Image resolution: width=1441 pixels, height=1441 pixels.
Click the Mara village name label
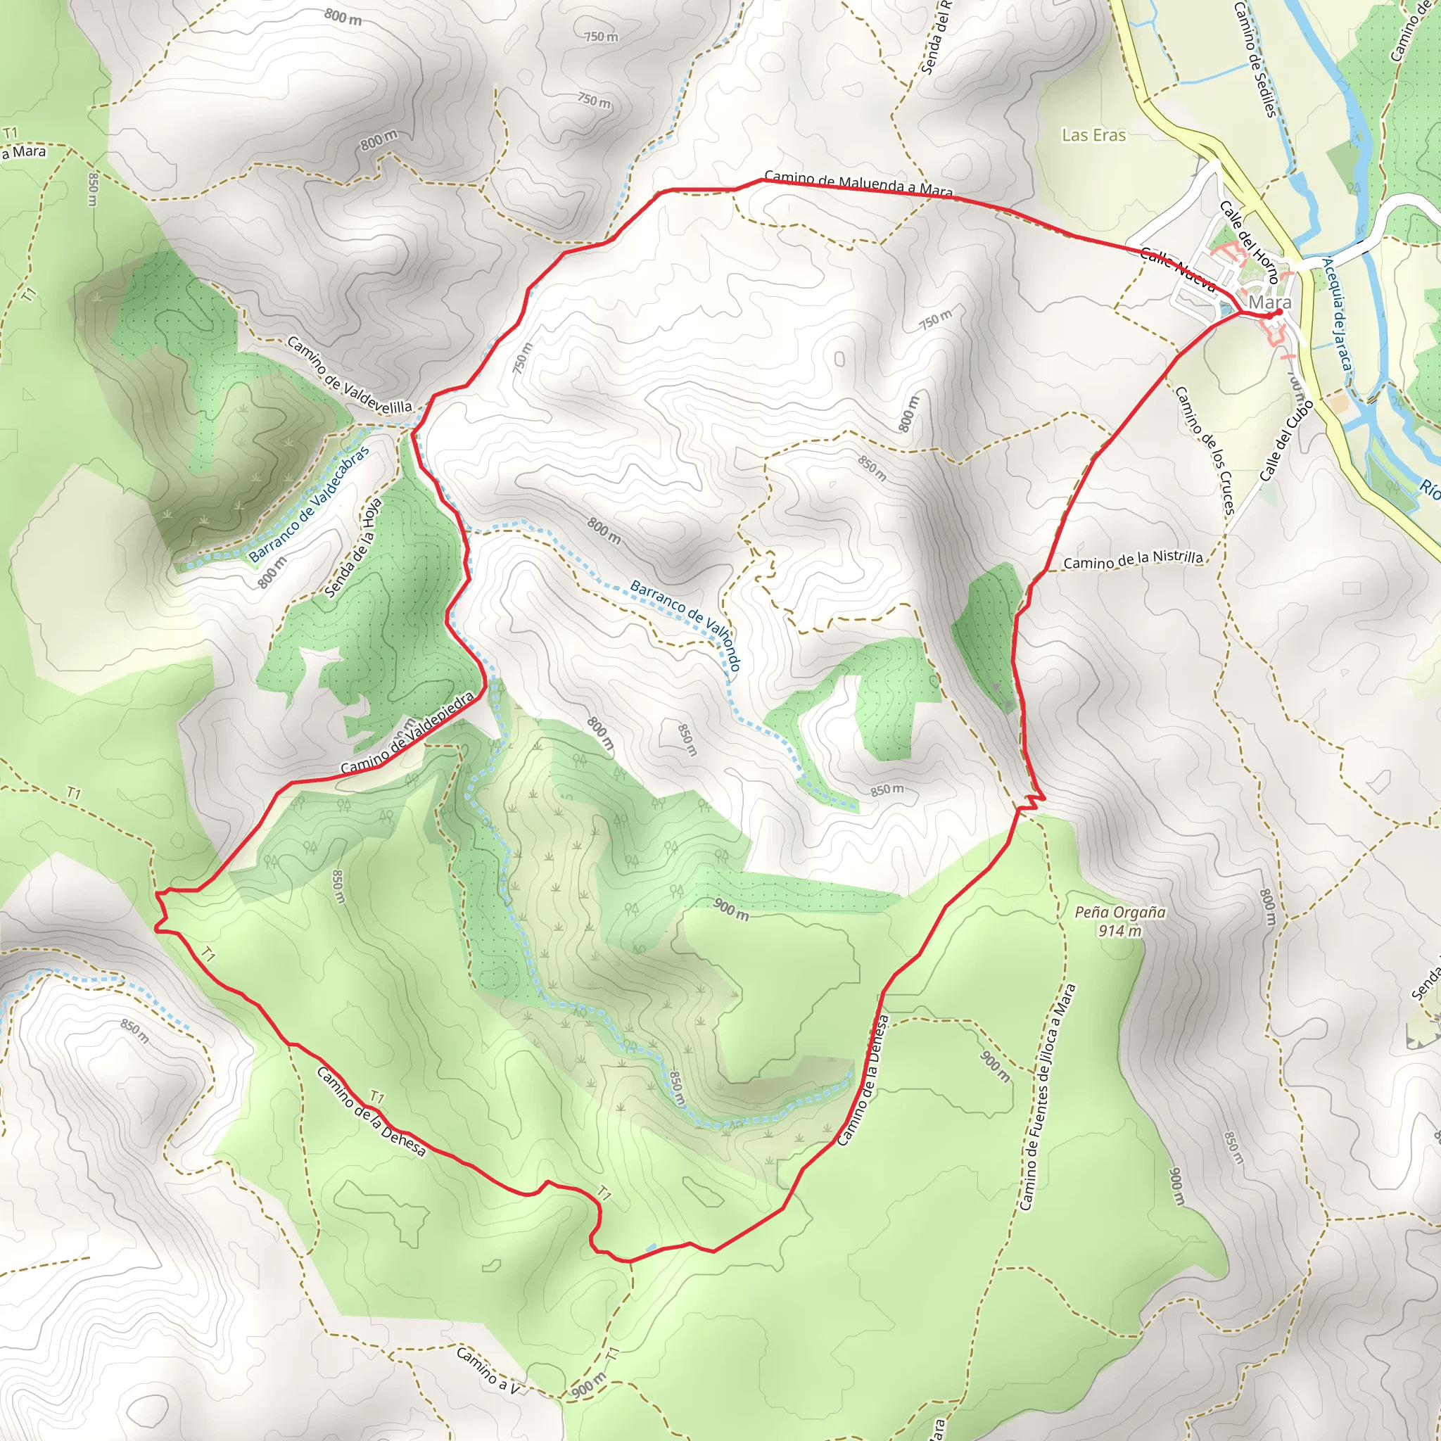pos(1269,302)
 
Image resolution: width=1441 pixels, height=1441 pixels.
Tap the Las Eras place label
pos(1093,135)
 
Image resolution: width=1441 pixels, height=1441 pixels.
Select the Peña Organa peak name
pos(1119,912)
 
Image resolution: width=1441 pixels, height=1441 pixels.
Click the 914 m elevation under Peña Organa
pos(1119,931)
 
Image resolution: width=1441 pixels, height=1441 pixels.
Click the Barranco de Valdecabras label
pos(309,505)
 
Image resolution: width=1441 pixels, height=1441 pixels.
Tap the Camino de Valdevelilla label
pos(349,375)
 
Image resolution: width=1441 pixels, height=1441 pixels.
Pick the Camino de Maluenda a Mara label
pos(858,184)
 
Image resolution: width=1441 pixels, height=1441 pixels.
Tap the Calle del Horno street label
pos(1249,241)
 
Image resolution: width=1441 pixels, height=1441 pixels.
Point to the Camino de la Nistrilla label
pos(1133,560)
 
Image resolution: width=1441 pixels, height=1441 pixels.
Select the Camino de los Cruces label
pos(1205,450)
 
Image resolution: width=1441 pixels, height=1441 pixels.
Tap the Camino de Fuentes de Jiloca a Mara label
pos(1047,1097)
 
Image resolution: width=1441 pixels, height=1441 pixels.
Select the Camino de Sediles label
pos(1255,60)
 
